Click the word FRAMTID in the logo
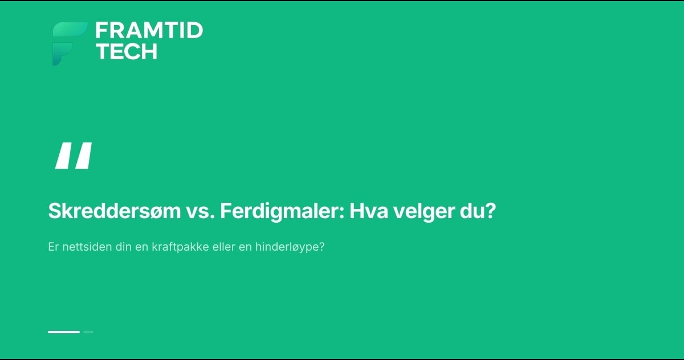[149, 31]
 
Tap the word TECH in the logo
[127, 51]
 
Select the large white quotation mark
[74, 156]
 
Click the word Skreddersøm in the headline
[115, 211]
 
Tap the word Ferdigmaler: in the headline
[283, 211]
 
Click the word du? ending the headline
[478, 211]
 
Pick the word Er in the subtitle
[53, 247]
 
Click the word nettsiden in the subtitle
[87, 247]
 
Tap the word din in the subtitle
[123, 247]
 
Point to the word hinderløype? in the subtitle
[290, 247]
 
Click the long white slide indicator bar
[64, 332]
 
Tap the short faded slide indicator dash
[88, 332]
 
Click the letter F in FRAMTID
[101, 31]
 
